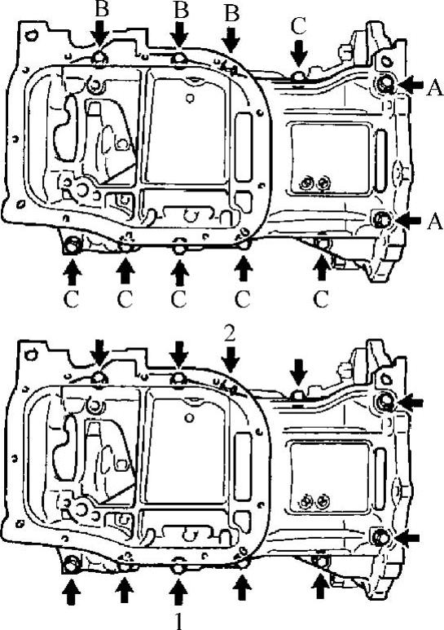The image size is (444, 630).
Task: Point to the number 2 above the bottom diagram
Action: (230, 334)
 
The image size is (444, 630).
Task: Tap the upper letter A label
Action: (434, 87)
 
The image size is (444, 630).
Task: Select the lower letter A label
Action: (434, 221)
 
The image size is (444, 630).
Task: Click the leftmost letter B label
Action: (102, 9)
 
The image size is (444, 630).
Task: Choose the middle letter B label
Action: (181, 10)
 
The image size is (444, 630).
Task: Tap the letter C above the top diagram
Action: (299, 26)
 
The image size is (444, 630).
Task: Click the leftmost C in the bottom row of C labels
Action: (72, 299)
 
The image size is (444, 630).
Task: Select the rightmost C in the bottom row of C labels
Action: (321, 299)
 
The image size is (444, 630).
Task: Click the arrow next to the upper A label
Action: (410, 85)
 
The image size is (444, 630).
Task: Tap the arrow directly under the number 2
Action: (231, 359)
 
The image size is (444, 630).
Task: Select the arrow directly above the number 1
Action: (179, 592)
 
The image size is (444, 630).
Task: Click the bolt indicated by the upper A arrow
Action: (386, 83)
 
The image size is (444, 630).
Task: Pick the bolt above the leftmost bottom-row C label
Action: (73, 245)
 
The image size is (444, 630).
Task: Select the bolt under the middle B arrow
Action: (179, 59)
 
